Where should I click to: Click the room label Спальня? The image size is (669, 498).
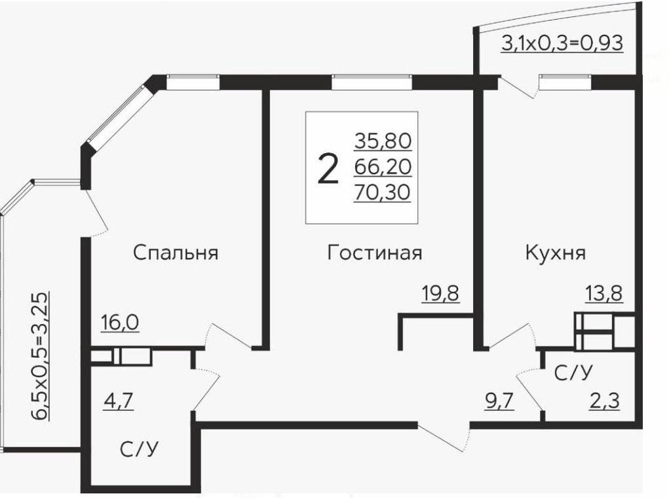click(175, 253)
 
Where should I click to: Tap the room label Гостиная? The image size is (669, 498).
click(374, 253)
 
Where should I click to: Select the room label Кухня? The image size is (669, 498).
click(555, 253)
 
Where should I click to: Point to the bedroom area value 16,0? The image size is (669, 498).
click(120, 323)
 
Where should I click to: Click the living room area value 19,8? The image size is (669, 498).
click(440, 294)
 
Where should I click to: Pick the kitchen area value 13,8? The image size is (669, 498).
click(603, 294)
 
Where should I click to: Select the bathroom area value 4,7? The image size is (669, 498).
click(119, 400)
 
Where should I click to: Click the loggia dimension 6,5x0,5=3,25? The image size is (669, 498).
click(41, 357)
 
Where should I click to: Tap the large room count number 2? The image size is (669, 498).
click(328, 169)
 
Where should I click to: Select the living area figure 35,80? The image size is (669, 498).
click(383, 141)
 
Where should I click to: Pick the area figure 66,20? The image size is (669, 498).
click(383, 168)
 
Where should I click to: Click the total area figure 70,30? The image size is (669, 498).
click(383, 193)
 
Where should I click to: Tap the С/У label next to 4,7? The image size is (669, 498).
click(140, 450)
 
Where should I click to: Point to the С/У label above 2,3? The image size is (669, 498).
click(573, 373)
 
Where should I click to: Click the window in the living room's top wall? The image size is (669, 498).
click(372, 82)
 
